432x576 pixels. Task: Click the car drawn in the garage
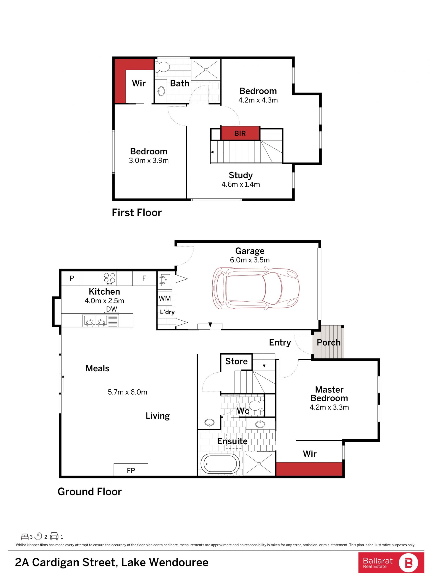coord(256,289)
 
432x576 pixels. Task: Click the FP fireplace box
coord(131,470)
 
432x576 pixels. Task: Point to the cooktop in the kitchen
coord(109,278)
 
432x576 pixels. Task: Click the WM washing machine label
coord(165,298)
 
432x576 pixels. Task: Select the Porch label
coord(329,342)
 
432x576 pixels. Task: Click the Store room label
coord(236,361)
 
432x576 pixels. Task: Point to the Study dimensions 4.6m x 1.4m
coord(241,184)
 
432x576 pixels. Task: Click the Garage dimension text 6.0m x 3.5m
coord(250,260)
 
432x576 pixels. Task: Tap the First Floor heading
coord(137,213)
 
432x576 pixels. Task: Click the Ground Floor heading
coord(90,492)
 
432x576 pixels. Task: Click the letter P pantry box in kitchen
coord(72,278)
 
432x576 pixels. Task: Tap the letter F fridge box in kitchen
coord(144,278)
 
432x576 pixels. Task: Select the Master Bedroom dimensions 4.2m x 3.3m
coord(329,407)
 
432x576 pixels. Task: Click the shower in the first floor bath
coord(206,69)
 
